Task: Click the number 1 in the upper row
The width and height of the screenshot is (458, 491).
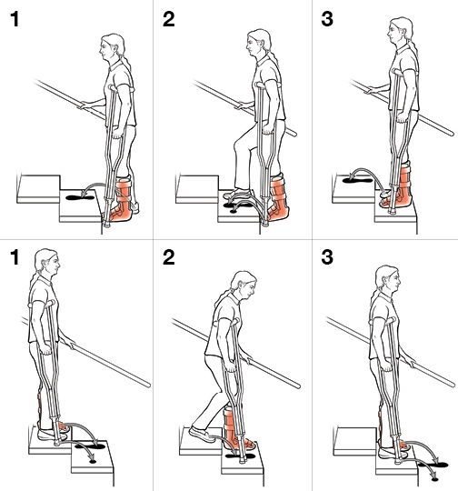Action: pyautogui.click(x=13, y=19)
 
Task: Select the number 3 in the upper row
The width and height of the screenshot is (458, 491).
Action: pyautogui.click(x=323, y=19)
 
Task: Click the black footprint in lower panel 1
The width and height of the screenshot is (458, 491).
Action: pyautogui.click(x=91, y=446)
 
